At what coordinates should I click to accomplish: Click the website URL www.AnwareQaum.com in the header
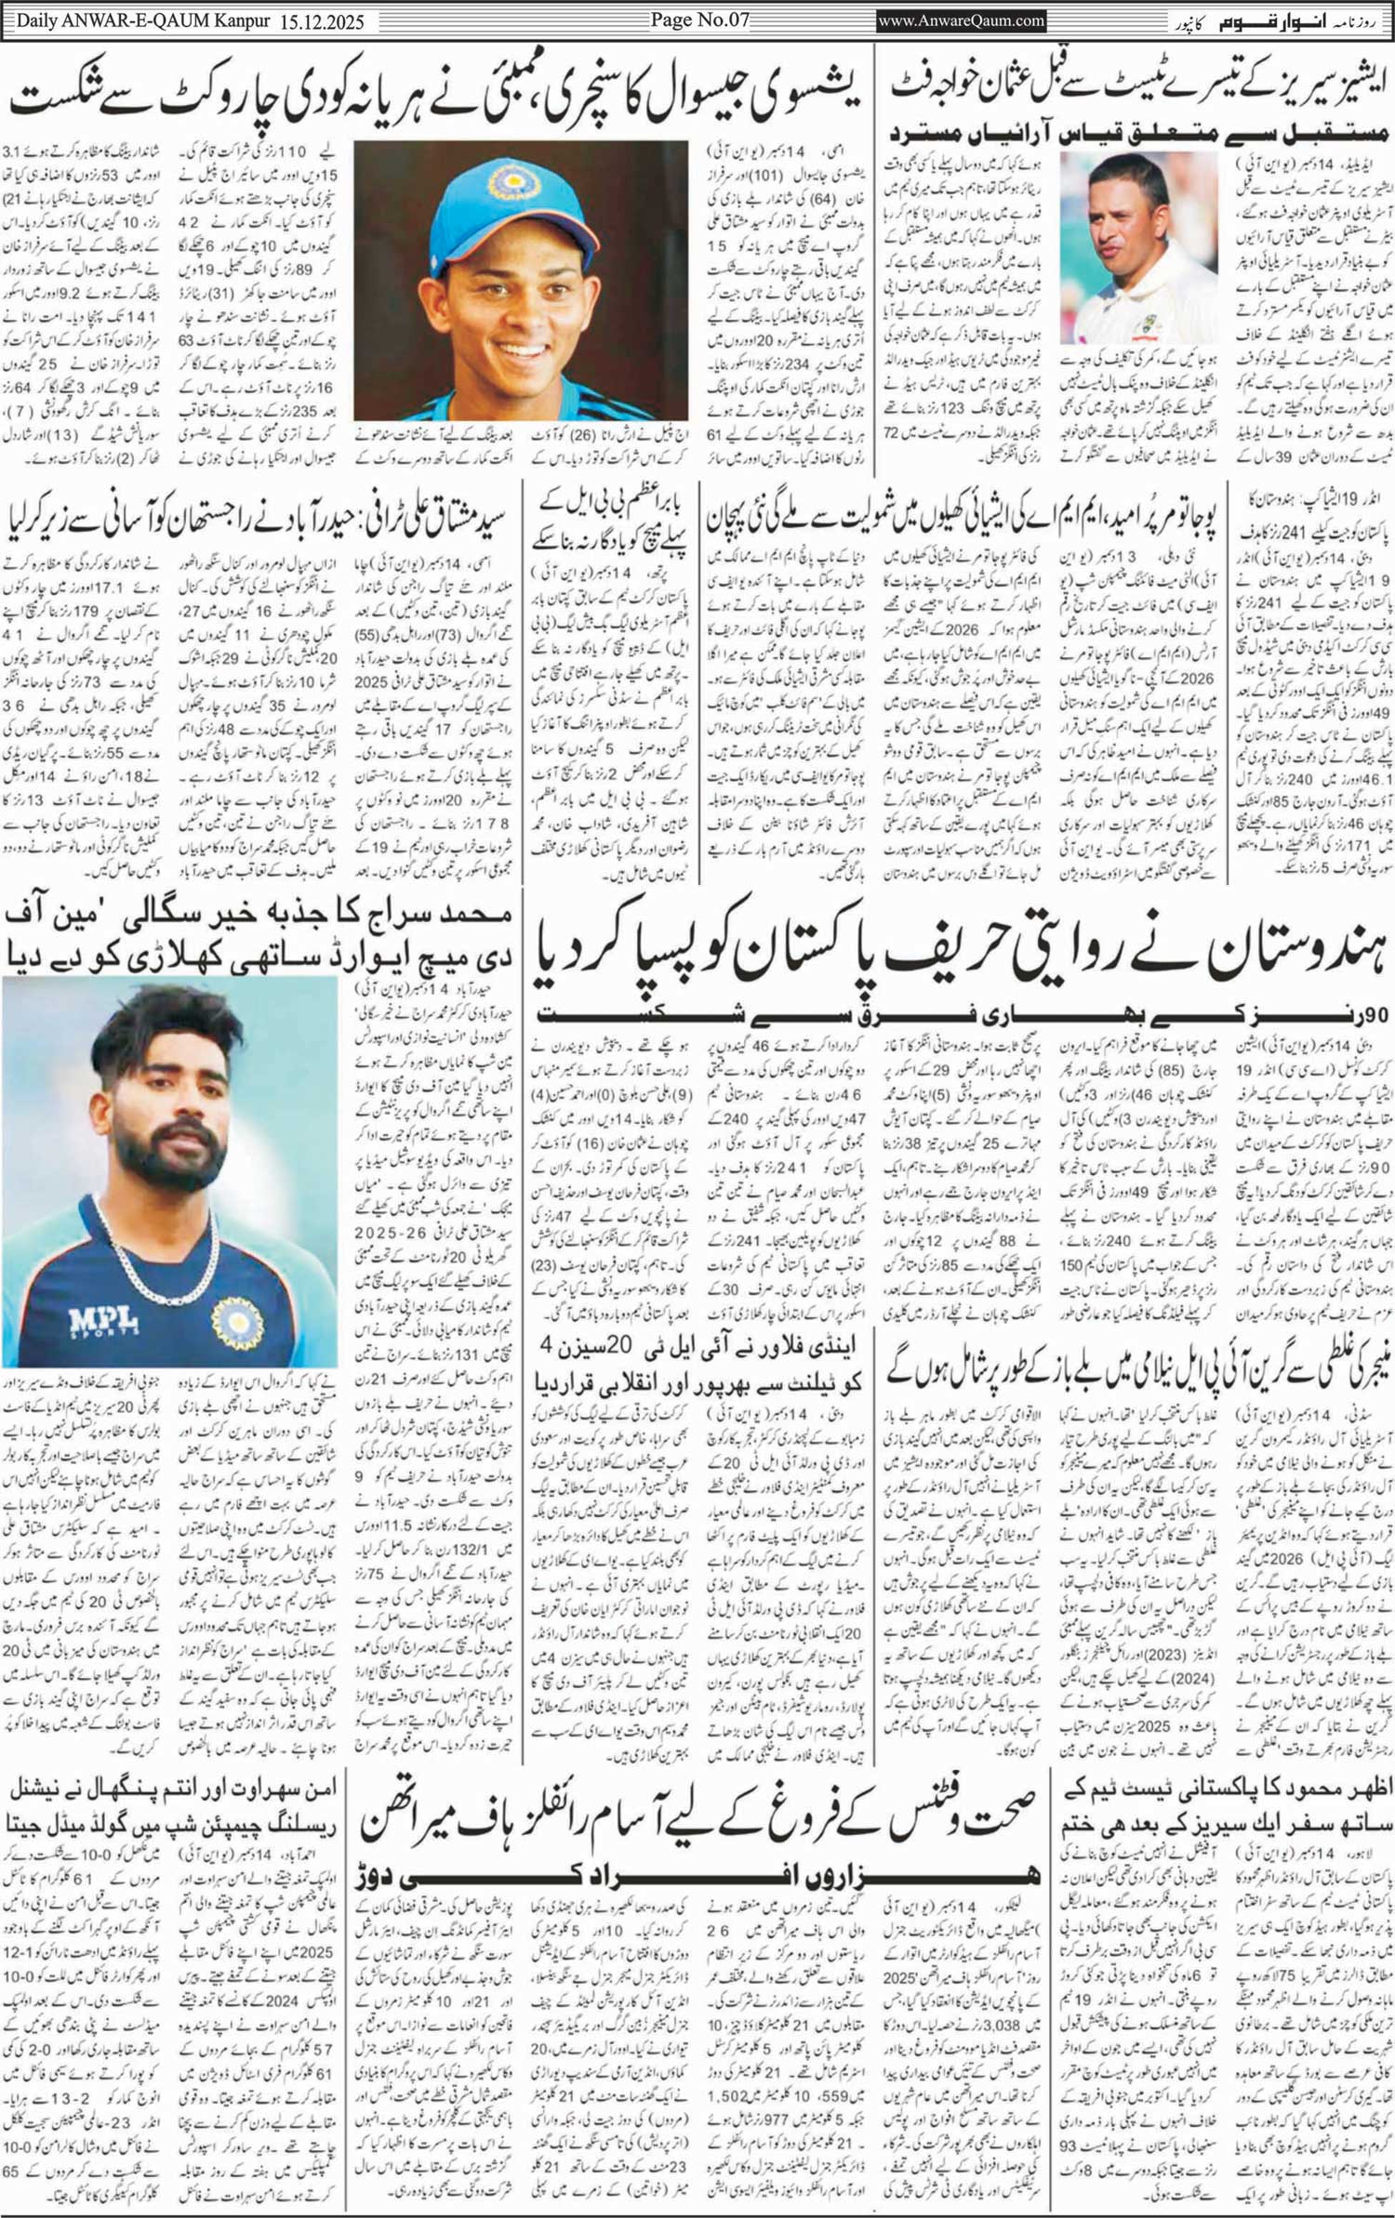click(x=962, y=20)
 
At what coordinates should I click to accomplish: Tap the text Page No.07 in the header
click(x=699, y=20)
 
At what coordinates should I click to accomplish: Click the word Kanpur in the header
click(x=237, y=20)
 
